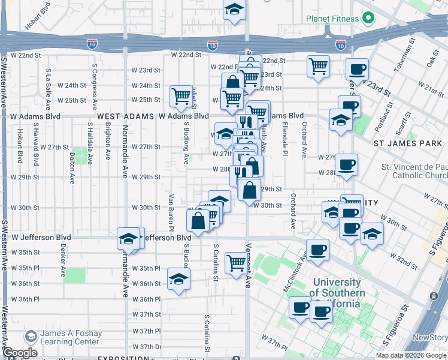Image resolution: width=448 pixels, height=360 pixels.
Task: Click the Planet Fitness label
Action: coord(332,18)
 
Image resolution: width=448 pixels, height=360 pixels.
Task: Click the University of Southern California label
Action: coord(337,292)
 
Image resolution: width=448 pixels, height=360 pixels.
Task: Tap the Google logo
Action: coord(20,353)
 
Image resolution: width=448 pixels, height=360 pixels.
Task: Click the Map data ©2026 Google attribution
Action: coord(411,355)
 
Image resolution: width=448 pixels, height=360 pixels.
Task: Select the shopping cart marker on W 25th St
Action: coord(180,96)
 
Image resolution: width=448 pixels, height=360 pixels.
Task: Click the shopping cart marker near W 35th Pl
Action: coord(237,262)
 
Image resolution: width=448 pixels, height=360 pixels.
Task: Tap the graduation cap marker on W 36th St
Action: coord(178,280)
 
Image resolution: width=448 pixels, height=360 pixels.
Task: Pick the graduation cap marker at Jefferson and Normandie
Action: coord(128,239)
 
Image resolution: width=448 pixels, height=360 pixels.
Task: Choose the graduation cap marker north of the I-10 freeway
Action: coord(234,10)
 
